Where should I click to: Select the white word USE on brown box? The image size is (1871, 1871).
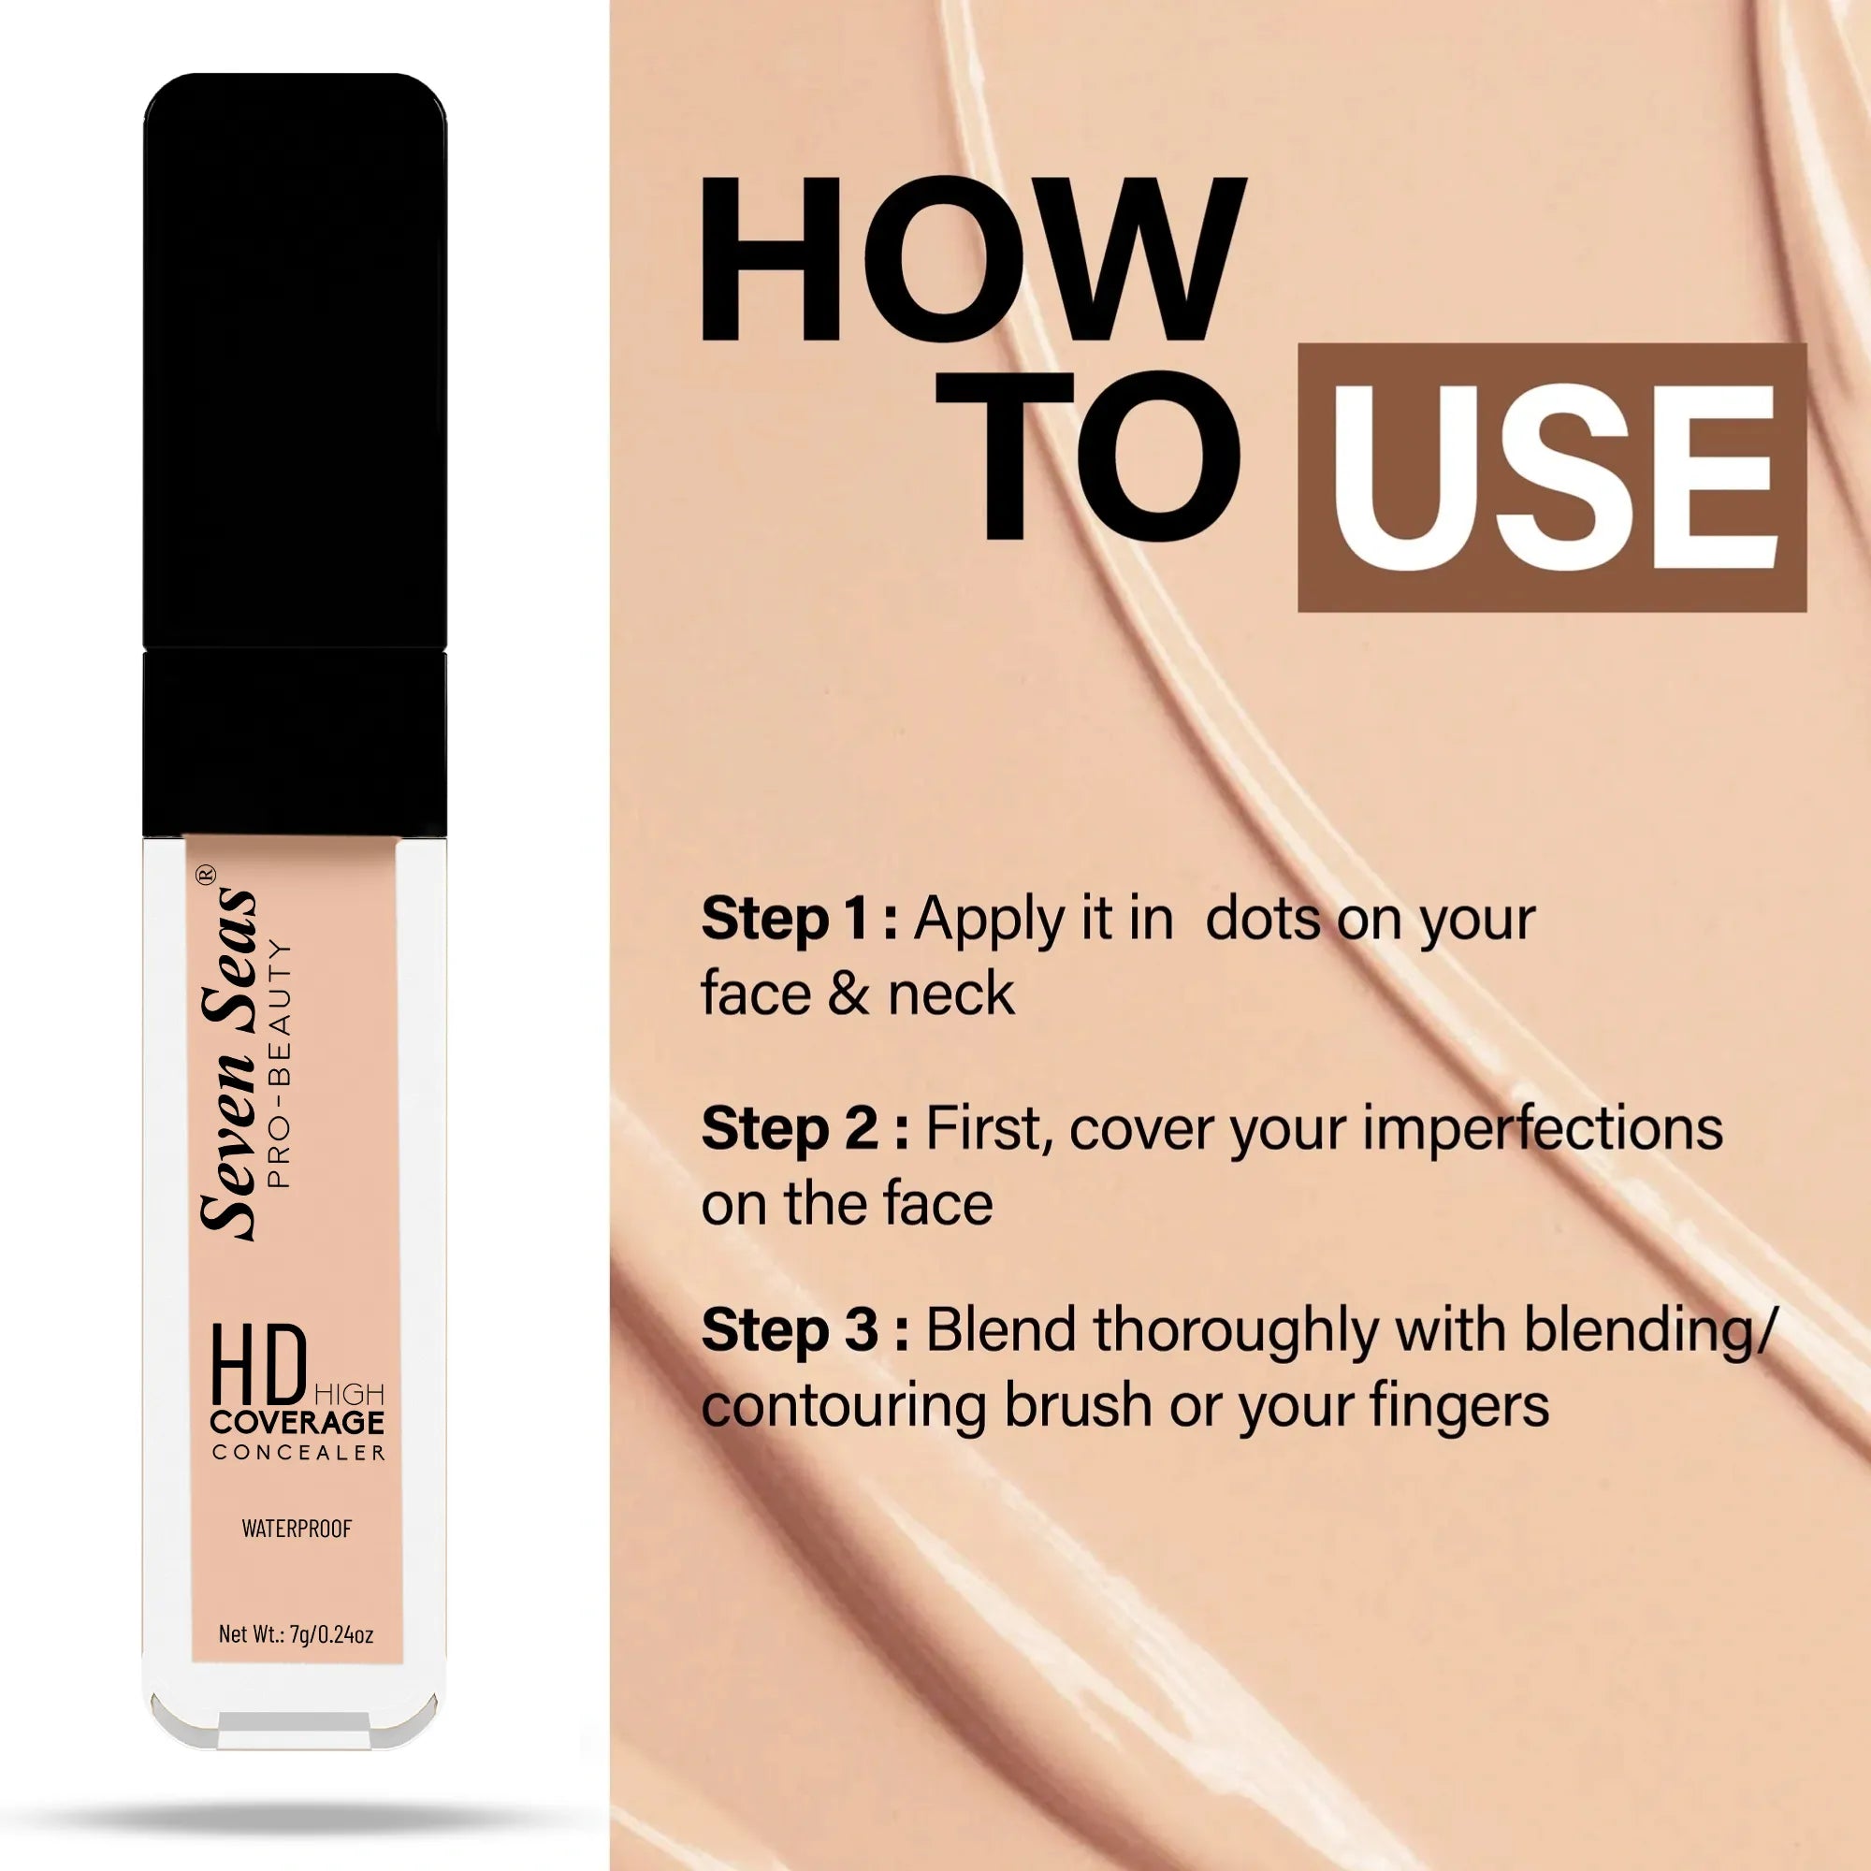[x=1552, y=477]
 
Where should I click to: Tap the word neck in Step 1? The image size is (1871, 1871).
[x=952, y=994]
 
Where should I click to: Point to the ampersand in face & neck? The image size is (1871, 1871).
[x=848, y=994]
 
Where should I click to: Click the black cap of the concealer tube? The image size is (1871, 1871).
[x=295, y=456]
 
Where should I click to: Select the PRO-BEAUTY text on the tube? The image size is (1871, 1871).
[x=279, y=1063]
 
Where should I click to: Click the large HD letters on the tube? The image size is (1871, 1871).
[x=258, y=1368]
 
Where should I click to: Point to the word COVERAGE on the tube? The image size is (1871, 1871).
[x=297, y=1422]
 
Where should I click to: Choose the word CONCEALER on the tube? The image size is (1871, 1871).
[x=298, y=1453]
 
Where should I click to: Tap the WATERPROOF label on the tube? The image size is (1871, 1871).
[x=297, y=1529]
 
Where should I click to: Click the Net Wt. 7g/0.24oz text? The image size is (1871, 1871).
[x=296, y=1634]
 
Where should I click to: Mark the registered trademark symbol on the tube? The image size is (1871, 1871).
[x=206, y=875]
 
